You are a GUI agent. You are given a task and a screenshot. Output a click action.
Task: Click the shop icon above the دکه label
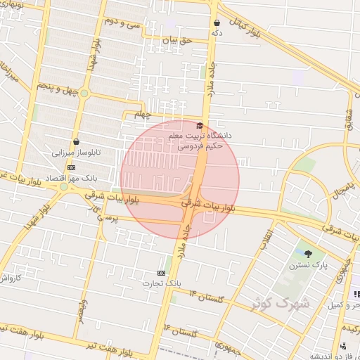point(217,22)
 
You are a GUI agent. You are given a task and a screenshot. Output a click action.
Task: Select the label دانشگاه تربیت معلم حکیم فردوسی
point(204,140)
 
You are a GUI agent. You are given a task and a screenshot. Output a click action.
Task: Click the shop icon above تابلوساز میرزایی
point(76,141)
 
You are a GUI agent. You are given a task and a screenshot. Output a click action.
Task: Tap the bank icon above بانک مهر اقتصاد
point(71,167)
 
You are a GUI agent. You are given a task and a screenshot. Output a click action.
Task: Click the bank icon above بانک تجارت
point(162,273)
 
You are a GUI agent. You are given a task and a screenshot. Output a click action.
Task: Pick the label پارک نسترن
point(308,266)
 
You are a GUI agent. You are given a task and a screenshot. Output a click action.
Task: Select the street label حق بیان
point(176,41)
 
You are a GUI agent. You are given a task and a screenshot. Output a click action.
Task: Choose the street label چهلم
point(143,114)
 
